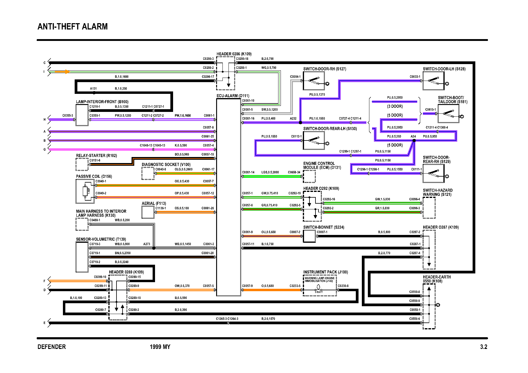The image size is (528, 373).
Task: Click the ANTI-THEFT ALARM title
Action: point(73,26)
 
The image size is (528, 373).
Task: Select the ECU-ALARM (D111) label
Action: point(233,96)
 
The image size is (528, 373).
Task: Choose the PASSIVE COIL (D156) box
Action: point(85,191)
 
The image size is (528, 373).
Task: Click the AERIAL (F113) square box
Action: point(148,212)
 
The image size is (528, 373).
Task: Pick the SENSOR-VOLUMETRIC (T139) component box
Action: point(82,257)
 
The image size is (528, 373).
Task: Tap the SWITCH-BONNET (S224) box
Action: point(309,236)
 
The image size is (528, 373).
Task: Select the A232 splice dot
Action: point(300,122)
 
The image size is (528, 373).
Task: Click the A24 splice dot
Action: point(414,140)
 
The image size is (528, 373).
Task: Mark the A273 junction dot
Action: point(154,248)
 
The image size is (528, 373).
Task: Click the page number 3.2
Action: point(483,347)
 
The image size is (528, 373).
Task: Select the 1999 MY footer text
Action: point(160,347)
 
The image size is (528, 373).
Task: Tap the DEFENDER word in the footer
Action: point(51,347)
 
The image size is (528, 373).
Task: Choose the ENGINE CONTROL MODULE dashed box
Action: point(309,176)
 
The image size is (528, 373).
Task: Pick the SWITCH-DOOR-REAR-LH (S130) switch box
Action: point(314,140)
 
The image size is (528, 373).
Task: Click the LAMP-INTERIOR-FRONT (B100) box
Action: point(82,115)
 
